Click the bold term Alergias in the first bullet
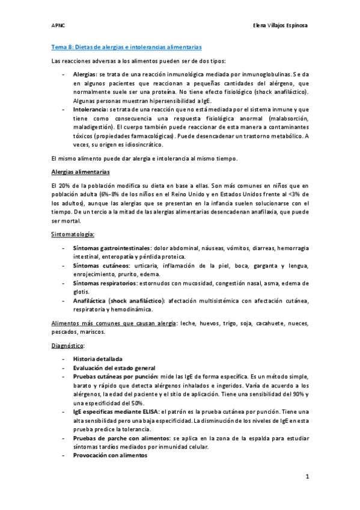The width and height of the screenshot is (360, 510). click(85, 73)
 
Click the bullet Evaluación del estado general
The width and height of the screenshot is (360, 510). click(114, 367)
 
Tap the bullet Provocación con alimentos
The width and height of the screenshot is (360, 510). click(109, 456)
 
